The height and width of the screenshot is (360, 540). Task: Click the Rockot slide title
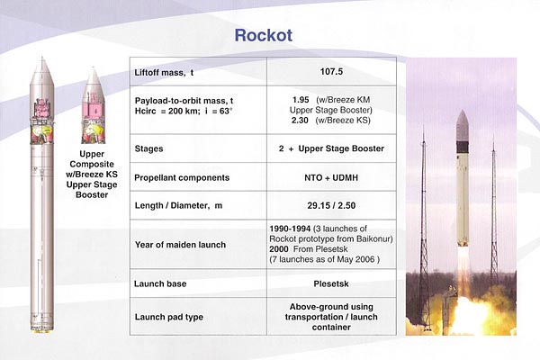(x=264, y=35)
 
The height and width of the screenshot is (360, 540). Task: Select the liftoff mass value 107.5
(x=331, y=72)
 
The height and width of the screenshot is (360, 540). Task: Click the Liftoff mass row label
(x=164, y=73)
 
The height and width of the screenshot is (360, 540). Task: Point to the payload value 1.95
(x=301, y=100)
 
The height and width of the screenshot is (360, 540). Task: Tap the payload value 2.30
(x=300, y=121)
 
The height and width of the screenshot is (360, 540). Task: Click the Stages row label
(x=148, y=148)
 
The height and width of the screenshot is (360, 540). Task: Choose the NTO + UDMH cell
(x=331, y=178)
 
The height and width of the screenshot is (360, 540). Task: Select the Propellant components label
(x=182, y=178)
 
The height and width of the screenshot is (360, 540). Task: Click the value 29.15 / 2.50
(x=331, y=206)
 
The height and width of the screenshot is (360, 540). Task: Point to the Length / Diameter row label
(x=178, y=206)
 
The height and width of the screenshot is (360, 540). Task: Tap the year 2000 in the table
(x=279, y=249)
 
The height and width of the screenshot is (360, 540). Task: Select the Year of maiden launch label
(x=180, y=245)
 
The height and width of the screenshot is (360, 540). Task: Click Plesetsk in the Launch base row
(x=331, y=283)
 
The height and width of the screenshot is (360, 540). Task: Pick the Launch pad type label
(x=169, y=317)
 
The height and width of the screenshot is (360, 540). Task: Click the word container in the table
(x=331, y=327)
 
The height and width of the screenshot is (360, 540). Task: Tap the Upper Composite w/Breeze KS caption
(x=92, y=175)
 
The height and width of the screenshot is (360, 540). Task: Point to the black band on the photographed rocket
(x=463, y=147)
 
